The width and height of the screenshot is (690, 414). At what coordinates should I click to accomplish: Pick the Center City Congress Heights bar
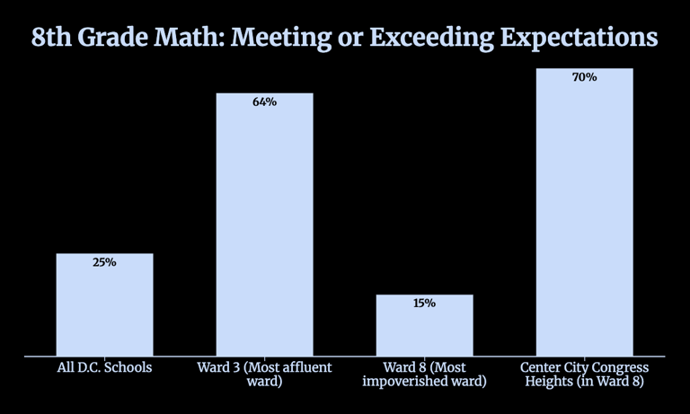(x=584, y=216)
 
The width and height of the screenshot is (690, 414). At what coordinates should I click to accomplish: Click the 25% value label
(x=104, y=263)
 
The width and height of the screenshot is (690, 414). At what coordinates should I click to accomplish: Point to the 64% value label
(x=264, y=102)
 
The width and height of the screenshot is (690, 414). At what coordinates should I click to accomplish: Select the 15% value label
(x=424, y=304)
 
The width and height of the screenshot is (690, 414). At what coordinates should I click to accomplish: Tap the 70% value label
(x=584, y=78)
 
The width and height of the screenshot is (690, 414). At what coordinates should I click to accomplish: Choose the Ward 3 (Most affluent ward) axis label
(x=264, y=374)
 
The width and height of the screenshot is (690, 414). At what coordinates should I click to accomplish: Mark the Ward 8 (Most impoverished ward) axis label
(x=424, y=374)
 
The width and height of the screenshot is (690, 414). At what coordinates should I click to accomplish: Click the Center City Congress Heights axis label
(x=584, y=374)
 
